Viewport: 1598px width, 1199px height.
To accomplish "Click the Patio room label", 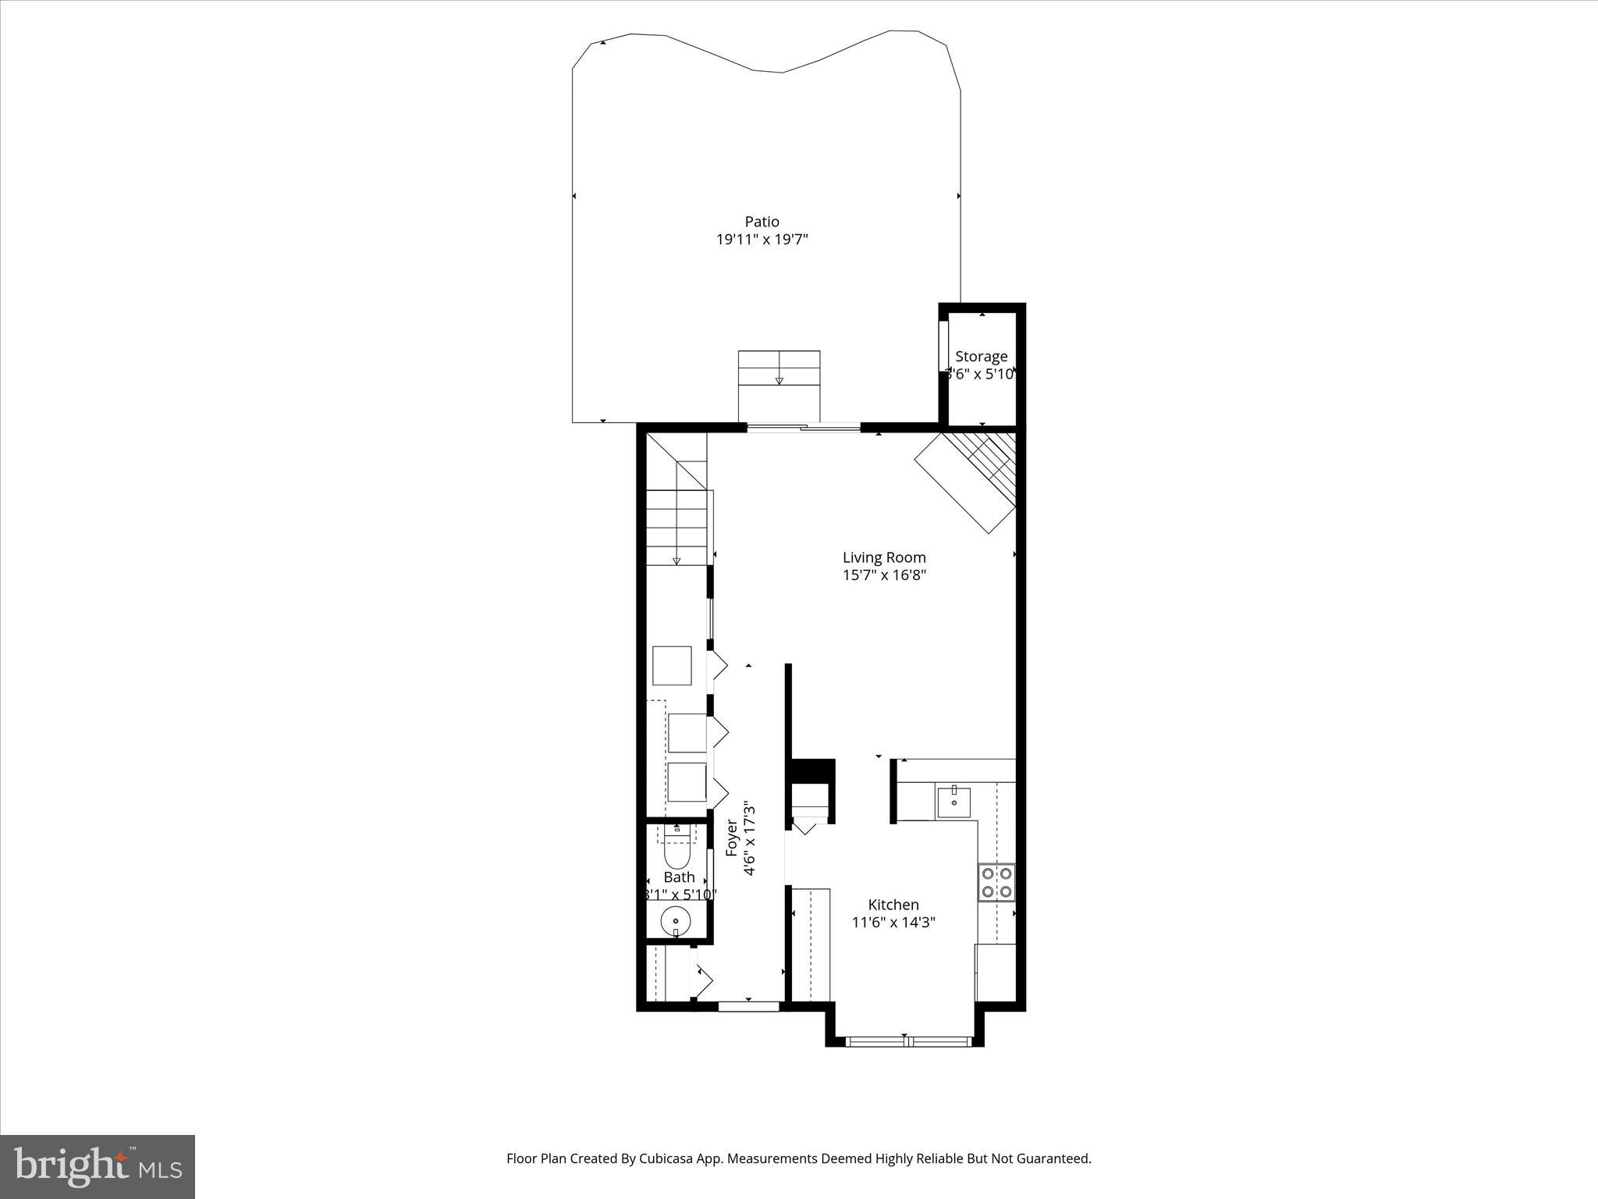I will (762, 222).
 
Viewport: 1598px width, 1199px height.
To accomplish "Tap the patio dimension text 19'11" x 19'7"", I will (762, 240).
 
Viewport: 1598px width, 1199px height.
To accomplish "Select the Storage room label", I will (981, 357).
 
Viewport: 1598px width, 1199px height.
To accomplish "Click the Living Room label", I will (884, 557).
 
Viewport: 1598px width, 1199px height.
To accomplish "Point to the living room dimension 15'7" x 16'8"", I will (884, 575).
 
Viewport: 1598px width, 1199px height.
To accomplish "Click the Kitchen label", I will (893, 905).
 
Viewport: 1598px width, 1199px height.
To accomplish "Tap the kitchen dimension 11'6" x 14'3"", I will (893, 923).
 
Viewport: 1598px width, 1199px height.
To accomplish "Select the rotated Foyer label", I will (732, 838).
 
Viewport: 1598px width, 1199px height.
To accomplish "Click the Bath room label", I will (679, 877).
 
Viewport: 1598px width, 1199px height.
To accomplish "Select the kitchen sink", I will (953, 802).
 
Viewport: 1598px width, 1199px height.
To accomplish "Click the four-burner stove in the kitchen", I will (996, 882).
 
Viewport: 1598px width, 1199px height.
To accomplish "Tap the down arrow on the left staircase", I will (676, 560).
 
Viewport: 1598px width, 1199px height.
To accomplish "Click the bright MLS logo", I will (98, 1166).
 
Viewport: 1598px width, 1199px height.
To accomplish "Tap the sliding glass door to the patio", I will (804, 426).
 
